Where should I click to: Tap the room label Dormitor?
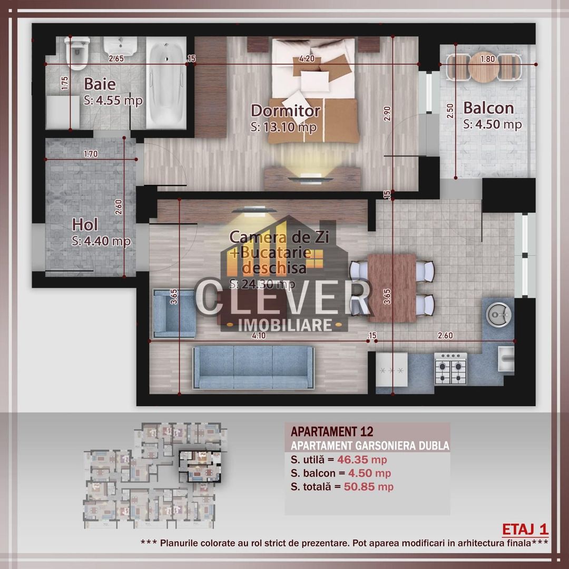coord(285,111)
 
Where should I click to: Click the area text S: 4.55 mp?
coord(113,101)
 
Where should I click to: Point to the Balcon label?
coord(488,108)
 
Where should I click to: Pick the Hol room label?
coord(85,225)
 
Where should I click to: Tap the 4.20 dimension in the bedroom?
coord(307,58)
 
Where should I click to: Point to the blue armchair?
coord(174,314)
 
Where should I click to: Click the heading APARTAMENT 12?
coord(332,431)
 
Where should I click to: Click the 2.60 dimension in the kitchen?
coord(444,335)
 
